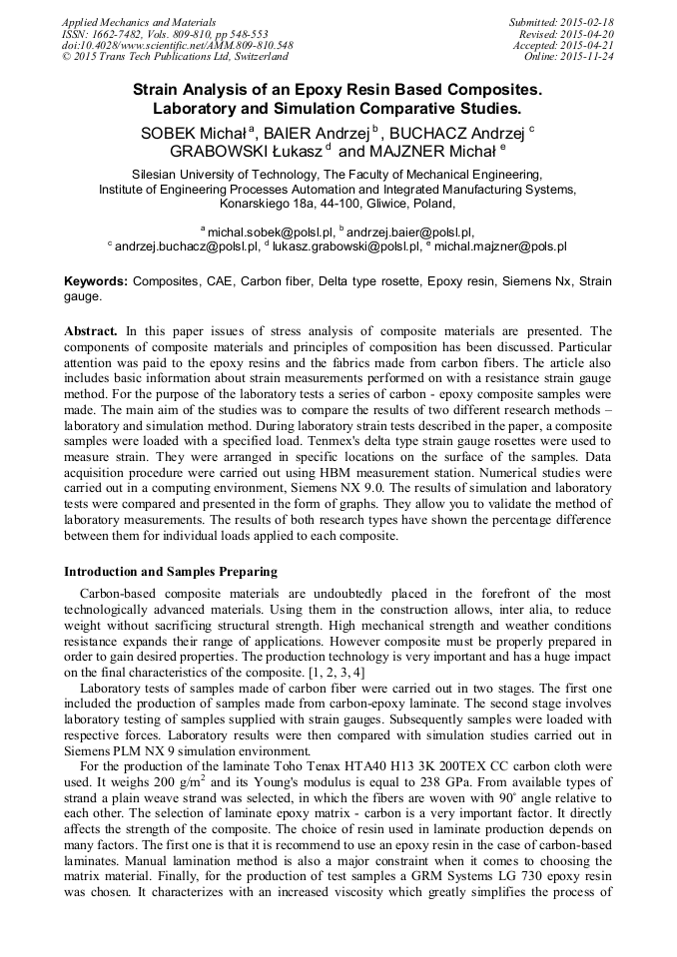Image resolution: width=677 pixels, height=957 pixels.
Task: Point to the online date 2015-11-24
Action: coord(586,57)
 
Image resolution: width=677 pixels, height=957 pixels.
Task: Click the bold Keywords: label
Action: coord(96,281)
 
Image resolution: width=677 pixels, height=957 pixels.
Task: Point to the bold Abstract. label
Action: coord(91,330)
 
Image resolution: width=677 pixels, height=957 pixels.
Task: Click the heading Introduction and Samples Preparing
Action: coord(171,572)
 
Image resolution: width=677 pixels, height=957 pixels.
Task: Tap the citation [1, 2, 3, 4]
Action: coord(331,673)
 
